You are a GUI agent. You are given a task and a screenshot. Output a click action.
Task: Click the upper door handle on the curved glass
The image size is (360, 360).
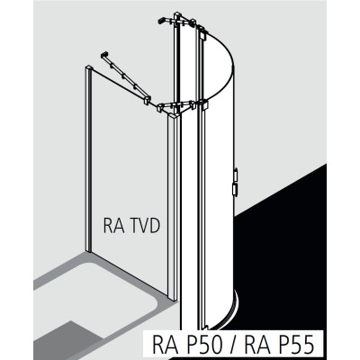[236, 175]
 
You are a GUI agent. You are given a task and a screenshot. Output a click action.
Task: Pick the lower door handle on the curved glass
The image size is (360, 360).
[235, 191]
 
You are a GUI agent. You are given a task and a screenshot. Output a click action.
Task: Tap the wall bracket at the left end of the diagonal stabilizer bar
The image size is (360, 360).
[104, 55]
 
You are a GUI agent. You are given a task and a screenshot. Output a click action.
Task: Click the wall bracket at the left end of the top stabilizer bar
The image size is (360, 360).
[161, 20]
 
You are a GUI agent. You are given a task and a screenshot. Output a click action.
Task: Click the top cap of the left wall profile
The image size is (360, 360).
[89, 67]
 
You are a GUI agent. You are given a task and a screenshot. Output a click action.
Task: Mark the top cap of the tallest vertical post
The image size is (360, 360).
[177, 14]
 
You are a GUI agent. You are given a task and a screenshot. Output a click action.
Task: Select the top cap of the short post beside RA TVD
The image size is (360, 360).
[174, 115]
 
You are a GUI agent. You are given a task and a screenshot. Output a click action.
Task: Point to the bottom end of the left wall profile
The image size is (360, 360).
[88, 249]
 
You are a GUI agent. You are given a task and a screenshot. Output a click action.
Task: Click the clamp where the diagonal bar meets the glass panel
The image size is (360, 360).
[148, 100]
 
